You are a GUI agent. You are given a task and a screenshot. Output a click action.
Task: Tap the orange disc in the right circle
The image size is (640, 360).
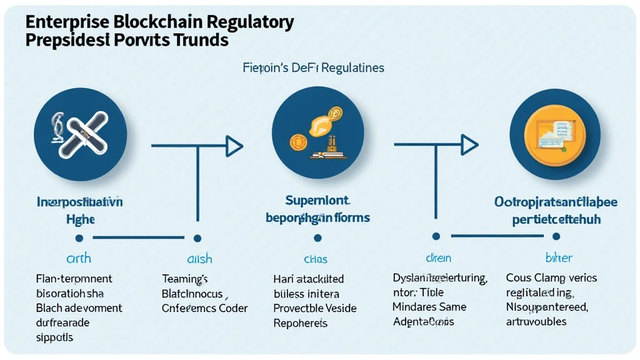point(554,134)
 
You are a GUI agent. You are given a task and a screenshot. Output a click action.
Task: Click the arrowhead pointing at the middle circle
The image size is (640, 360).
point(234,146)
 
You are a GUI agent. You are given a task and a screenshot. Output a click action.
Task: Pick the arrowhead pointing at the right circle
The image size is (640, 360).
point(470,144)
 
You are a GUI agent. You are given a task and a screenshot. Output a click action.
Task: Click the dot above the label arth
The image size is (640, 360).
point(79,238)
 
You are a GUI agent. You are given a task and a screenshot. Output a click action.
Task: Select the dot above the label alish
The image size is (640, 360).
point(197,238)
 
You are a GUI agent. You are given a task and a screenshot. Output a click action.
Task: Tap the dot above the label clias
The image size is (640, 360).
point(317,238)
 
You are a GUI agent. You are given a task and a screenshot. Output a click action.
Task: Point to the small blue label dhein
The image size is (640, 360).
point(437,259)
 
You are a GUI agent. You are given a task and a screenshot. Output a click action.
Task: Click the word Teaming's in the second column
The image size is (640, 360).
point(185,279)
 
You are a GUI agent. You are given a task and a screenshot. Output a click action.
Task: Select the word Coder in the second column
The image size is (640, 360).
point(233,307)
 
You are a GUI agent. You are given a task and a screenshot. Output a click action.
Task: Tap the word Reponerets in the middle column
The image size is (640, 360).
point(301,322)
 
